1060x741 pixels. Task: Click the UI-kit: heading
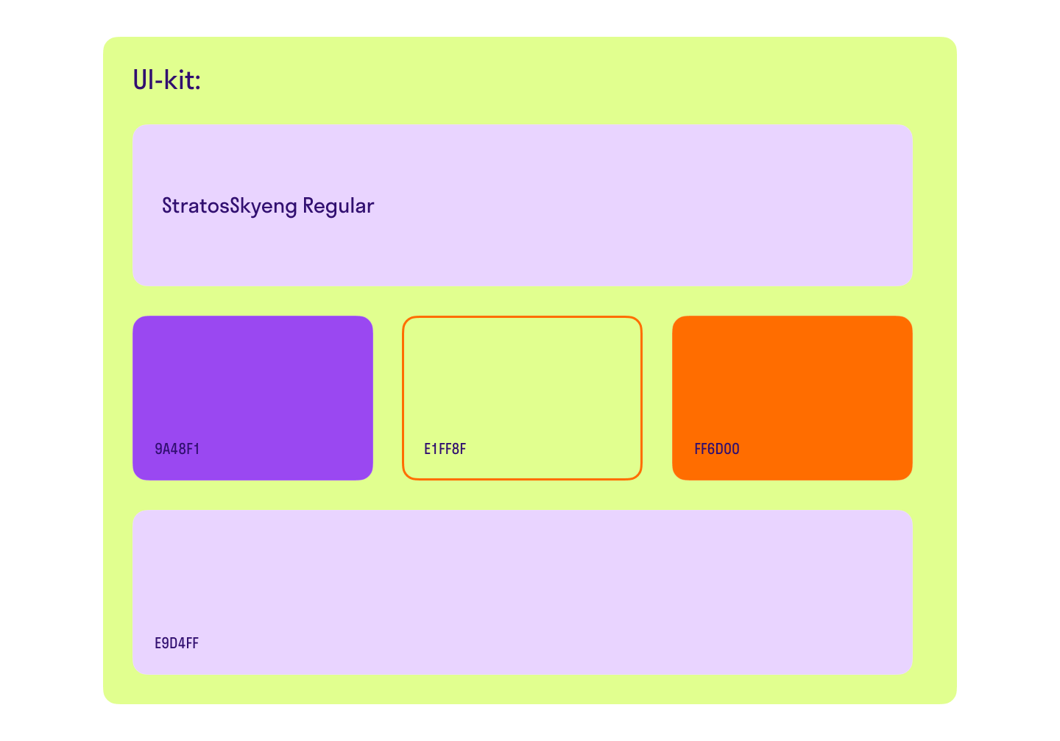(x=166, y=80)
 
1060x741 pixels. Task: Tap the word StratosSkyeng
(x=230, y=207)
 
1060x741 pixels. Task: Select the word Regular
(x=339, y=207)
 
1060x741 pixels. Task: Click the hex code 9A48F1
(x=177, y=449)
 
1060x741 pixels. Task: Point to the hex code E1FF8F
(x=445, y=449)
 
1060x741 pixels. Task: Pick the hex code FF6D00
(x=716, y=449)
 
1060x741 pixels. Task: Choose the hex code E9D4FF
(x=177, y=643)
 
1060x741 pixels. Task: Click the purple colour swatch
(x=252, y=398)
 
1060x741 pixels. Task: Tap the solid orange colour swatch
(x=792, y=398)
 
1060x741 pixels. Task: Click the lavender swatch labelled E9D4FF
(x=523, y=592)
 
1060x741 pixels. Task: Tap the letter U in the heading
(x=141, y=80)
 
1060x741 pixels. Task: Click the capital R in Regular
(x=308, y=205)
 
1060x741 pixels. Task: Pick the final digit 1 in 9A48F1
(x=197, y=449)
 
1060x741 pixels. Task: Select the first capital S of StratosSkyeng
(x=168, y=205)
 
